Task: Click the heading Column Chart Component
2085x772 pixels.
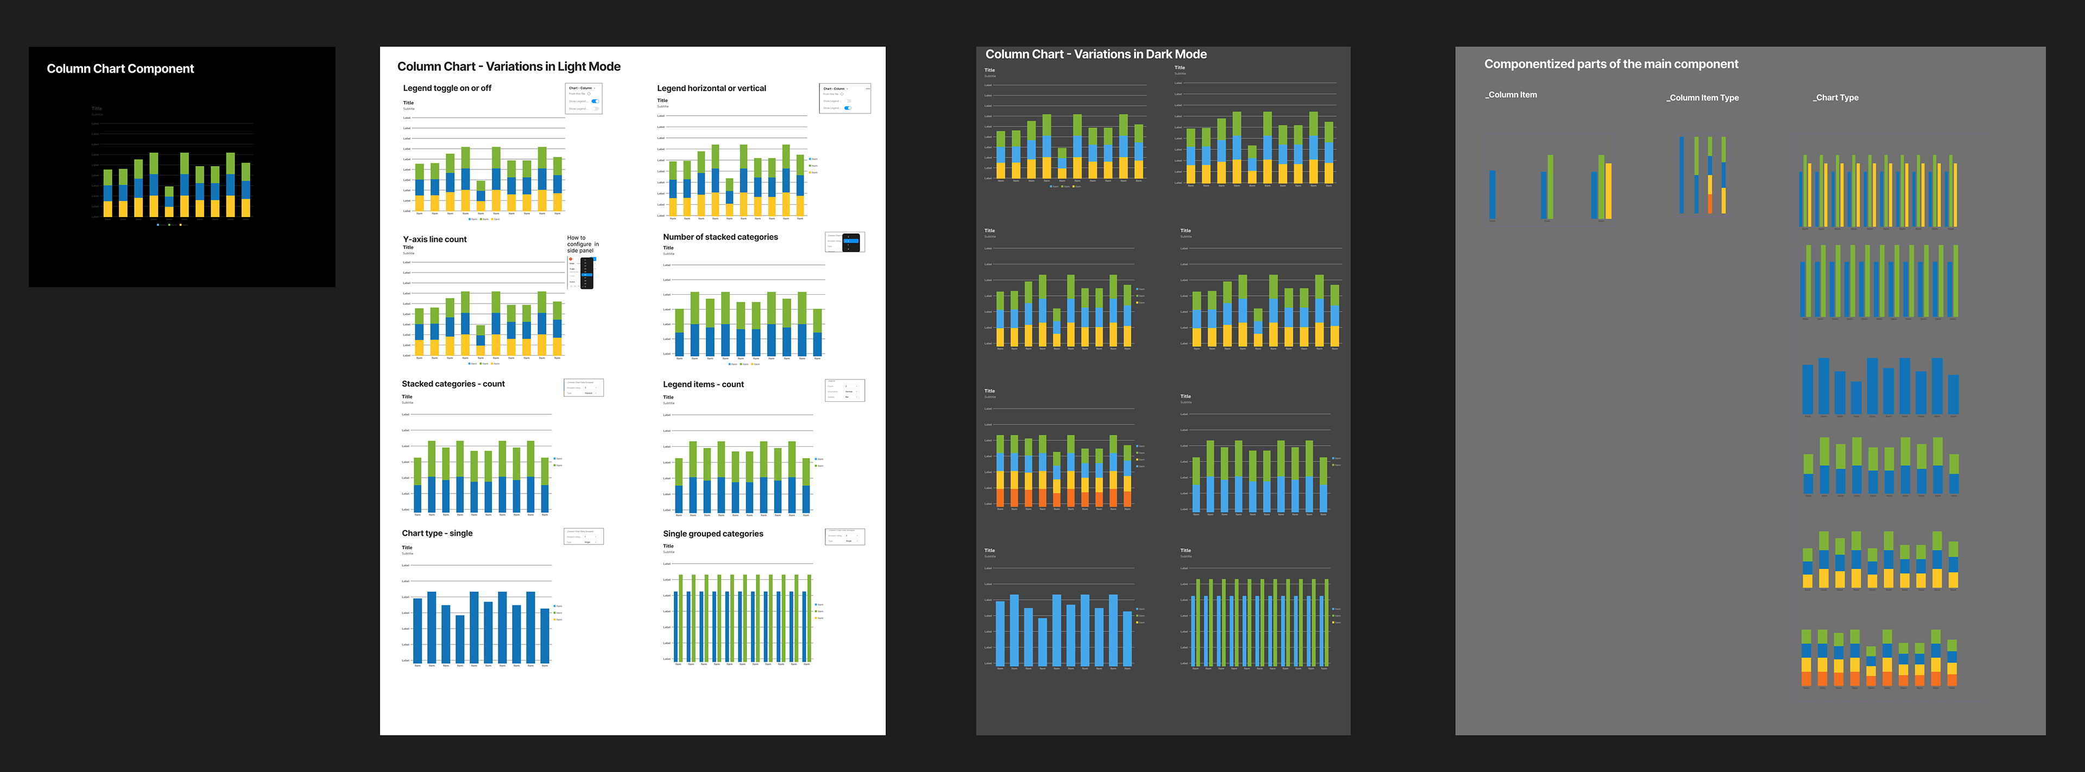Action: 120,69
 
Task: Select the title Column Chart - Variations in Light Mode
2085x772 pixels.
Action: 508,66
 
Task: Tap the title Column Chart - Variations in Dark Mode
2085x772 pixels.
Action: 1095,54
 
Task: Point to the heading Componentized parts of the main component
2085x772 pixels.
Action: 1610,64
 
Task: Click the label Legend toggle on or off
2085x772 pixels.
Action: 447,88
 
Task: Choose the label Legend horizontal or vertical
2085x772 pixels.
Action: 711,88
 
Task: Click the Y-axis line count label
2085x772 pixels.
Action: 434,239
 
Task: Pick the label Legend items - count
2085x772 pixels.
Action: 703,384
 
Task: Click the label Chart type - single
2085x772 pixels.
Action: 437,533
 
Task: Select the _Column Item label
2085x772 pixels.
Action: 1511,94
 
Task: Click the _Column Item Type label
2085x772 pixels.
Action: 1702,98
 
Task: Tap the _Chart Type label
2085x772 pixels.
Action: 1836,98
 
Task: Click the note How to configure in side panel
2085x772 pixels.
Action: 582,244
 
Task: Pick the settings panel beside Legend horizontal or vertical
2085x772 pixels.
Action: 844,98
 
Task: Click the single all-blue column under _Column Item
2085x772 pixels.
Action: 1492,194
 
